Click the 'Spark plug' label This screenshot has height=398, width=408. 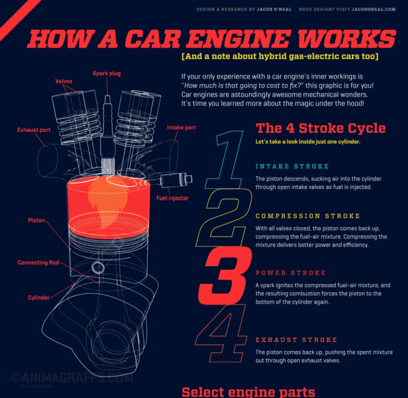tap(107, 74)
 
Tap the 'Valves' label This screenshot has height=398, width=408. tap(64, 82)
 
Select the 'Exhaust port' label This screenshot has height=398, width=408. tap(34, 130)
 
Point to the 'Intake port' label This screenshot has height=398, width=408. tap(182, 128)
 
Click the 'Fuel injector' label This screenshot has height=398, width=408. tap(173, 198)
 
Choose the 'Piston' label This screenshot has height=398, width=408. tap(37, 221)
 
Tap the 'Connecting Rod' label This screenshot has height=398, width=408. tap(38, 263)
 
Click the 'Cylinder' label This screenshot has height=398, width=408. tap(39, 298)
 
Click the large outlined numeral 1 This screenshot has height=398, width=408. tap(226, 160)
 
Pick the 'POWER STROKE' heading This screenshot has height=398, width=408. tap(290, 273)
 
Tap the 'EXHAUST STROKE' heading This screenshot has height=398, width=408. tap(296, 340)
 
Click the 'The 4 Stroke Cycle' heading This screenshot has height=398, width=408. tap(321, 128)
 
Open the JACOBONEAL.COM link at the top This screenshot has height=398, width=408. tap(373, 9)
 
